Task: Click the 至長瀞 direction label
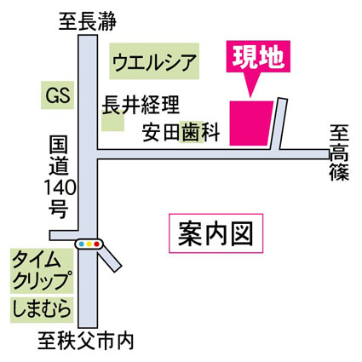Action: click(x=88, y=21)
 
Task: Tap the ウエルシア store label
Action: click(x=154, y=61)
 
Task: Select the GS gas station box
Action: click(x=58, y=95)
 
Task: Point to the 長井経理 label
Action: click(x=141, y=106)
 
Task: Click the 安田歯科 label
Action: click(x=181, y=132)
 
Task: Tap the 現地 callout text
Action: click(x=258, y=56)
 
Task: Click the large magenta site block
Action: click(x=250, y=124)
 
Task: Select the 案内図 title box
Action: click(x=215, y=233)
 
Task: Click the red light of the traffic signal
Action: click(x=96, y=244)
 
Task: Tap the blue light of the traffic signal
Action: click(x=82, y=244)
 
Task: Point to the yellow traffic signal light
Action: click(x=89, y=244)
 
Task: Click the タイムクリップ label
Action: click(x=41, y=271)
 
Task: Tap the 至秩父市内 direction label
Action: click(x=86, y=342)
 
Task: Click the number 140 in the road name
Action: click(x=60, y=187)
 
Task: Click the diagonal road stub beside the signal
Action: click(x=110, y=259)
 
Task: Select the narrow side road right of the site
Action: click(x=279, y=124)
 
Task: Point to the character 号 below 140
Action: click(x=59, y=209)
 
